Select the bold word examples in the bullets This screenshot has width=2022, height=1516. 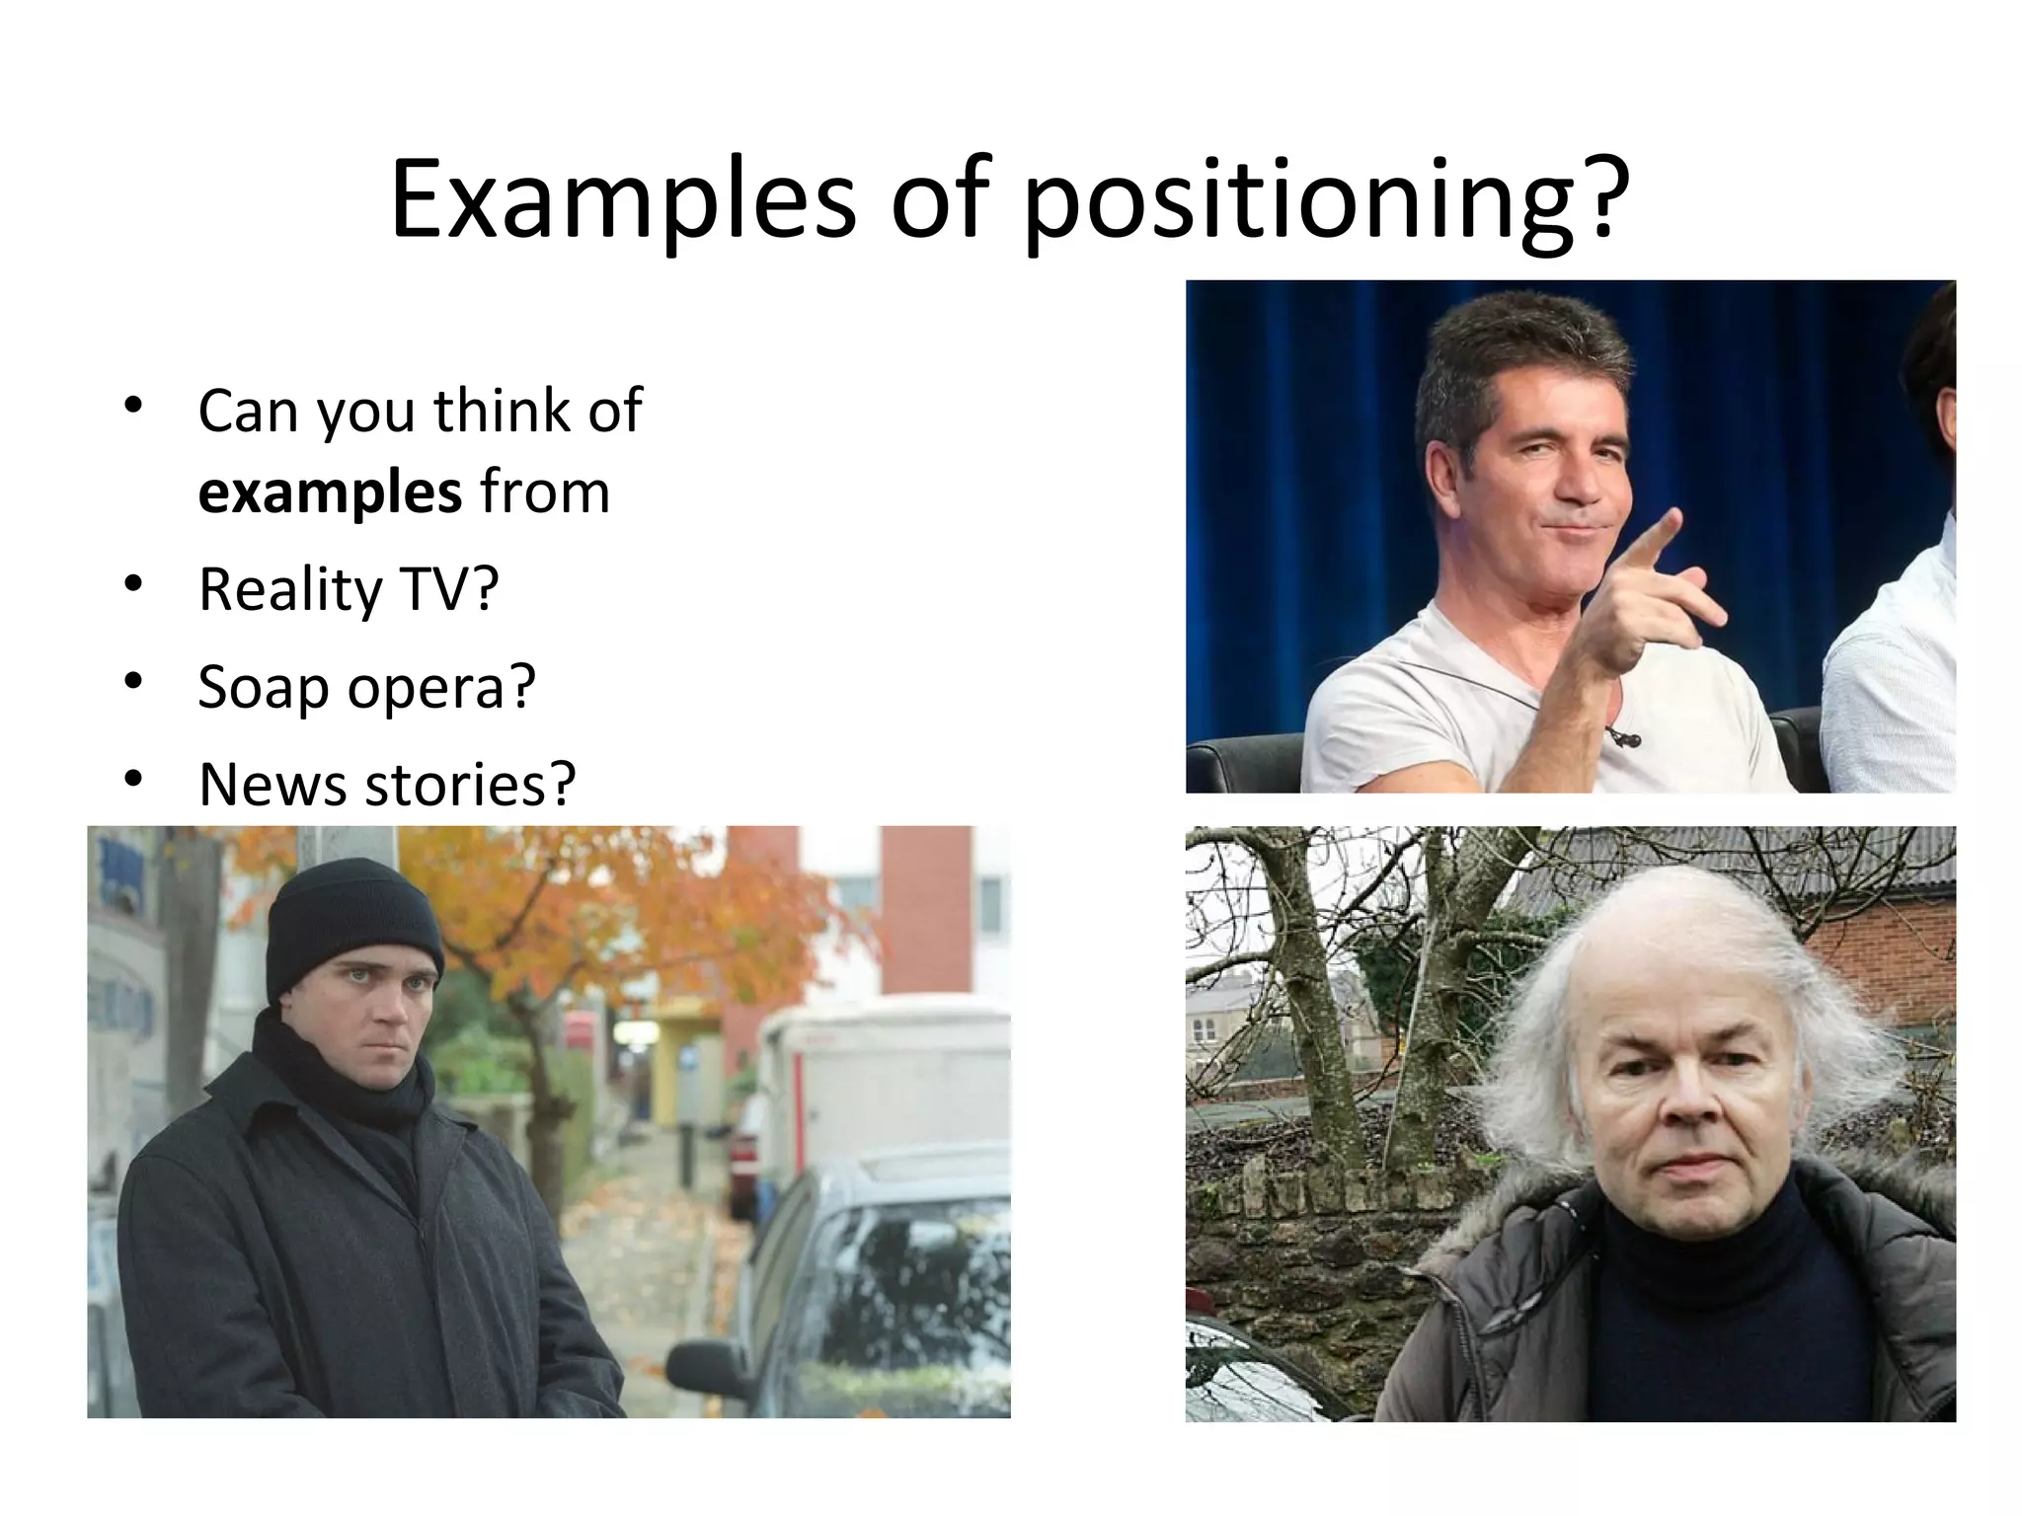click(x=330, y=492)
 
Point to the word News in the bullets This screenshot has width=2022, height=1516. click(x=272, y=784)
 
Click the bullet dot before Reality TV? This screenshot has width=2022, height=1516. click(x=132, y=584)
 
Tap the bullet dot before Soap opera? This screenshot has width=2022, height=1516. click(x=132, y=682)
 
